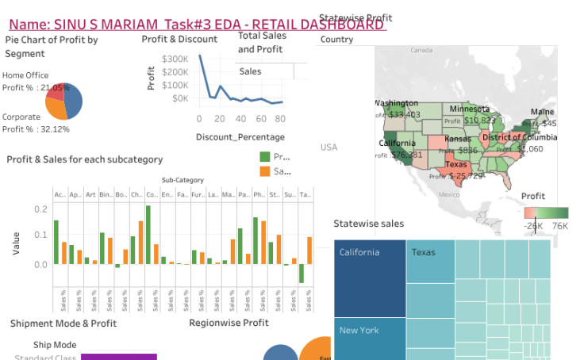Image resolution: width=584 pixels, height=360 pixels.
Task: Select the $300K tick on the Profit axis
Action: pos(175,59)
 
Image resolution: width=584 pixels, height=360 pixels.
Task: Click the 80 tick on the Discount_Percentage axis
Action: pos(280,119)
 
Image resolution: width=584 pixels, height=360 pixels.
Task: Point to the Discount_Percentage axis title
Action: pos(240,137)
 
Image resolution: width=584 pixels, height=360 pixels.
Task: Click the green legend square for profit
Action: pos(265,157)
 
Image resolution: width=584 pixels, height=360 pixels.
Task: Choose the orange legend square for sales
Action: pos(265,171)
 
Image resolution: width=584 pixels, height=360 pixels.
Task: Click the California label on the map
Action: pos(397,144)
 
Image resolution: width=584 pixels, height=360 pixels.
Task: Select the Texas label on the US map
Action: pos(456,165)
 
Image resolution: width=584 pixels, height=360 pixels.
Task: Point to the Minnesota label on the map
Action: pos(471,109)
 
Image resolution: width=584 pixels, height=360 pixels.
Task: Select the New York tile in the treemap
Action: pos(370,338)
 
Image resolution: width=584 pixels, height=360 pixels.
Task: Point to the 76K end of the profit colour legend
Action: pos(559,226)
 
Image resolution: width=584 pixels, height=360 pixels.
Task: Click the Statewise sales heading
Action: pos(368,224)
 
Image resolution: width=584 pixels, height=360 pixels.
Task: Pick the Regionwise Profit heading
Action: pos(229,323)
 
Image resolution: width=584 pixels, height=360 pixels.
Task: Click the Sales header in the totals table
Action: pos(250,71)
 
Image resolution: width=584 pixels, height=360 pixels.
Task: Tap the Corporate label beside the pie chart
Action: pos(21,117)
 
